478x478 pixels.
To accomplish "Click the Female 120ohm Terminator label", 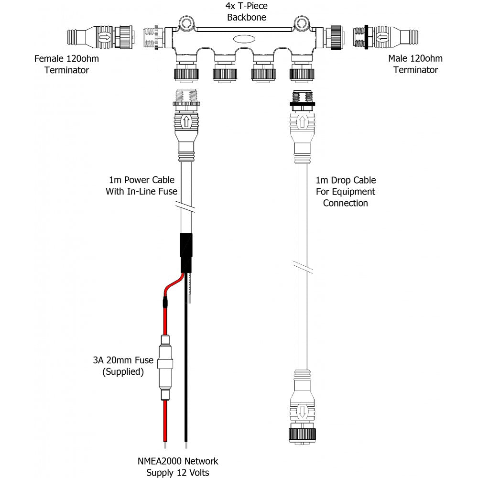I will [62, 65].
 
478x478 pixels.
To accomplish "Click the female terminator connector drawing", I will [96, 36].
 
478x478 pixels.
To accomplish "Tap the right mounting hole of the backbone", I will [301, 22].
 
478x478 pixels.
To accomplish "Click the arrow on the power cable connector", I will [187, 121].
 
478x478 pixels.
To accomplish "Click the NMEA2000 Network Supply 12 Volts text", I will [177, 467].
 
